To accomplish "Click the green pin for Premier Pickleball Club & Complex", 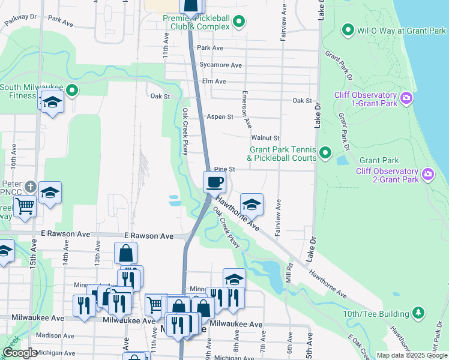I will pos(239,23).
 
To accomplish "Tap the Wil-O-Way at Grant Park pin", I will pos(347,29).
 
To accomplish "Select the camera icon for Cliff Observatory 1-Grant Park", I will pos(406,98).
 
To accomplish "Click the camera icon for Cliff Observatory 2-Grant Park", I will pos(428,175).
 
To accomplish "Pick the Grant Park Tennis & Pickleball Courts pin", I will pos(325,153).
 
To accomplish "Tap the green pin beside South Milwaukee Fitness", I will pos(72,91).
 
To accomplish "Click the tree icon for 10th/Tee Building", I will pos(419,313).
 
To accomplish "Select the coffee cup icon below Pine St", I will pos(214,181).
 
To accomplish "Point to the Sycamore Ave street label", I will pos(220,65).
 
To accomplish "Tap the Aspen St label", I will pos(220,117).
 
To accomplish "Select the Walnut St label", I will pos(265,138).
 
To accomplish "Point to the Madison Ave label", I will pos(53,335).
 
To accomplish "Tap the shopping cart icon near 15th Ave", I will pos(25,206).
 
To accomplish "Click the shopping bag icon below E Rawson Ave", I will pos(126,253).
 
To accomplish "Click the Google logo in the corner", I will pos(20,353).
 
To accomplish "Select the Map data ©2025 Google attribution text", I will pos(412,355).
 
